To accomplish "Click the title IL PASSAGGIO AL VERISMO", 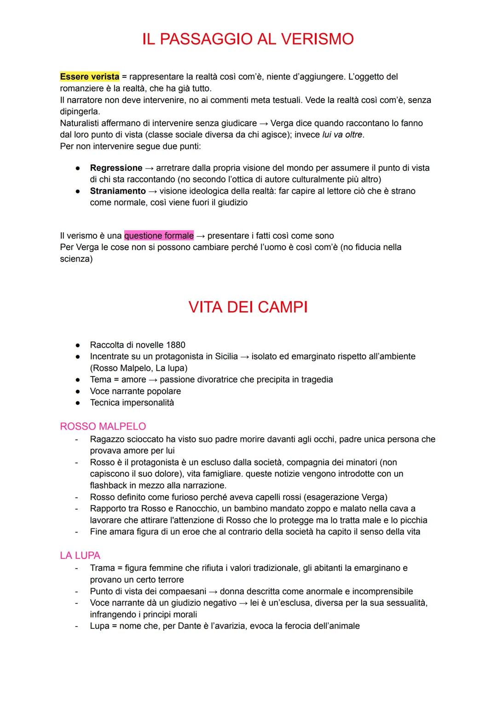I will [x=248, y=39].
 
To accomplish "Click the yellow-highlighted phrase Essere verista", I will [x=89, y=76].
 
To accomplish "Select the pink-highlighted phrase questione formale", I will [x=159, y=236].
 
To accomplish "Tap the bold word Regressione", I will [x=116, y=168].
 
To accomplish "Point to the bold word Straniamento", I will [x=118, y=191].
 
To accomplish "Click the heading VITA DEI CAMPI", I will [x=248, y=307].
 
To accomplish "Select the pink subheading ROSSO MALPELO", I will [x=103, y=426].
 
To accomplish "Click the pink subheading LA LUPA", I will [x=80, y=556].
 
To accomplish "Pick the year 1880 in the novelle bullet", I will [x=175, y=345].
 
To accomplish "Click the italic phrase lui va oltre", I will [x=342, y=135].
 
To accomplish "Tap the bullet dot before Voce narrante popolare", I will [x=79, y=391].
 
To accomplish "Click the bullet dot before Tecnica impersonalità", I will [x=79, y=403].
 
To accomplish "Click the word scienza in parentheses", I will [x=75, y=259].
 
